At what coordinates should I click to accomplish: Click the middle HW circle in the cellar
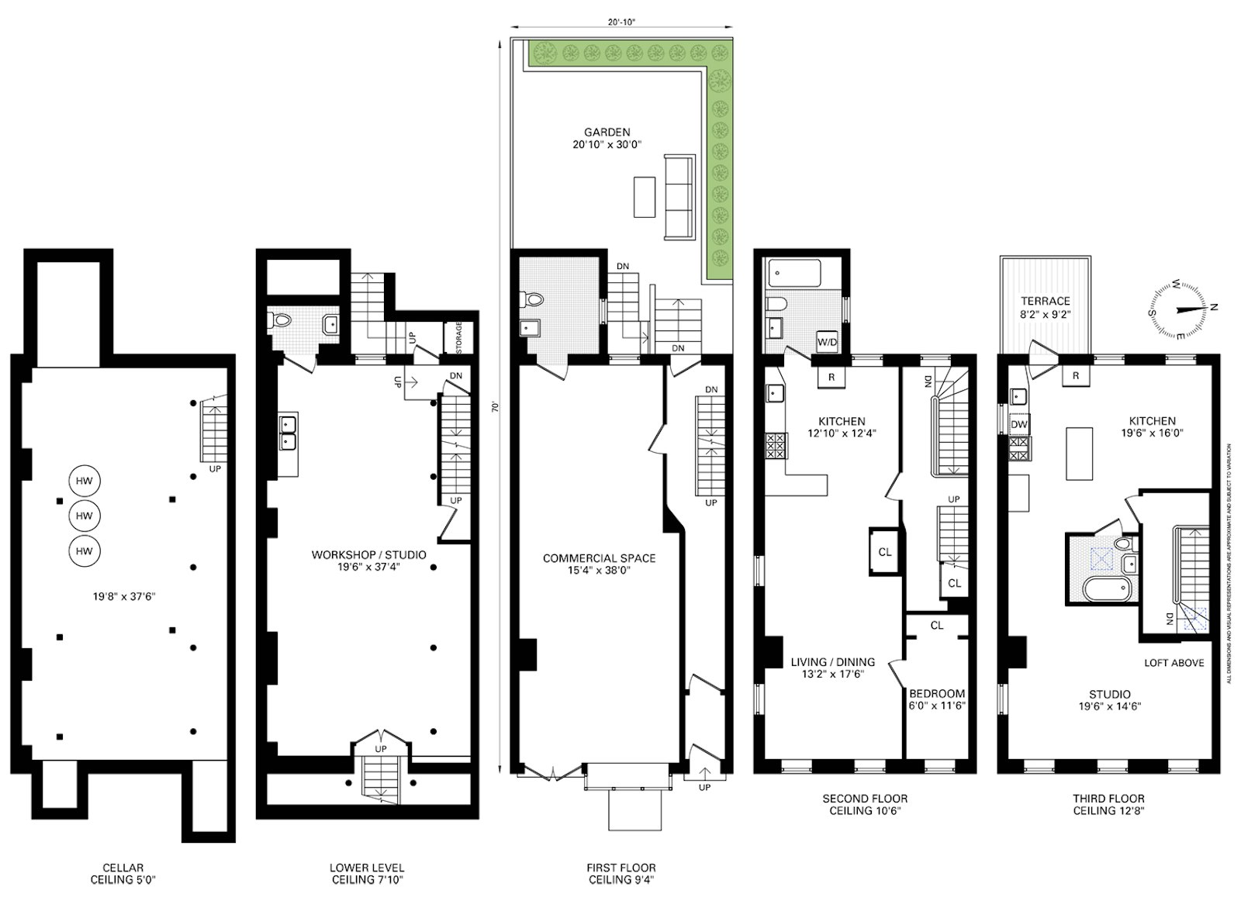pyautogui.click(x=85, y=516)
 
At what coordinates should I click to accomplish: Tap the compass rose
pyautogui.click(x=1178, y=309)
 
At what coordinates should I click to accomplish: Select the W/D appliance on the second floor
pyautogui.click(x=827, y=341)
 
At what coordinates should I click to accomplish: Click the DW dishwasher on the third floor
pyautogui.click(x=1019, y=425)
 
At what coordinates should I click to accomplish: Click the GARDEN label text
pyautogui.click(x=607, y=132)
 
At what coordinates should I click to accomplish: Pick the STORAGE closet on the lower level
pyautogui.click(x=458, y=337)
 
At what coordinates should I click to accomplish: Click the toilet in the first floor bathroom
pyautogui.click(x=533, y=299)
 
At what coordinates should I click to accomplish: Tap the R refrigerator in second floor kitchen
pyautogui.click(x=831, y=377)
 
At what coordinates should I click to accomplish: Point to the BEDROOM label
pyautogui.click(x=937, y=694)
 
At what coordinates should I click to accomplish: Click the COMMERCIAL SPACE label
pyautogui.click(x=599, y=558)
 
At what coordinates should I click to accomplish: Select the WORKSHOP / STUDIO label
pyautogui.click(x=368, y=555)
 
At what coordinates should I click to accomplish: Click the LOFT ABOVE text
pyautogui.click(x=1174, y=663)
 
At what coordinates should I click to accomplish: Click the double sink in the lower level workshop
pyautogui.click(x=288, y=433)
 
